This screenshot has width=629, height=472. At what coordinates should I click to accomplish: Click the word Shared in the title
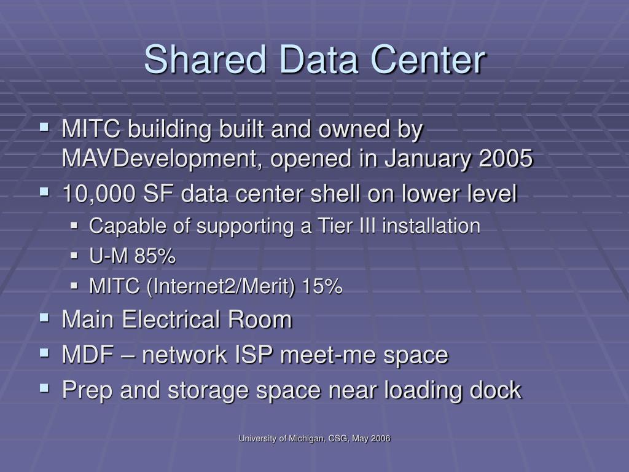(205, 60)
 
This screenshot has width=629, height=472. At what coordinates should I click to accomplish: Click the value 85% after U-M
(155, 256)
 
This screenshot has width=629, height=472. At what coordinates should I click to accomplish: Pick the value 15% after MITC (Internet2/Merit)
(322, 286)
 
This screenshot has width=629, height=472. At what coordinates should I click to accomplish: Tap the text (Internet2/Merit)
(221, 287)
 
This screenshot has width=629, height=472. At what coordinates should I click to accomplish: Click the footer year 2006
(381, 438)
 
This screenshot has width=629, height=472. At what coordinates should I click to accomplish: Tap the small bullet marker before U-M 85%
(74, 256)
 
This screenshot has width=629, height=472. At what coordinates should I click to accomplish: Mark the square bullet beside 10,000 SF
(44, 192)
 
